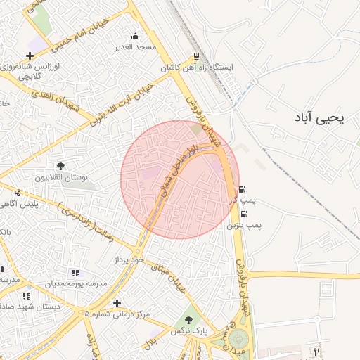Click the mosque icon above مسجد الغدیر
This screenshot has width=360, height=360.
[x=135, y=37]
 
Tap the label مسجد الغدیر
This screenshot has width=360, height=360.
[x=135, y=47]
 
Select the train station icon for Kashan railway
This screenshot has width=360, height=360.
[x=195, y=58]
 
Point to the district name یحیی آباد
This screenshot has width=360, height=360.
[x=320, y=118]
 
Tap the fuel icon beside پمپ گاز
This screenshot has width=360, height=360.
[x=243, y=190]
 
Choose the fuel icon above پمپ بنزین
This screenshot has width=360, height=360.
[x=244, y=214]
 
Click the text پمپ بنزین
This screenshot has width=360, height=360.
[x=244, y=226]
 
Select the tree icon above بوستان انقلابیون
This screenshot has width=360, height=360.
[x=61, y=167]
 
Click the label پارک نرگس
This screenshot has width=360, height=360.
[x=189, y=329]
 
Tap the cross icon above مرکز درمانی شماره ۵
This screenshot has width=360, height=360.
[x=117, y=303]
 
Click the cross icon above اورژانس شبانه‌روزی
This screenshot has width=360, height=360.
[x=29, y=56]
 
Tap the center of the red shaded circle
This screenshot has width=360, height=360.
[x=179, y=179]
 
